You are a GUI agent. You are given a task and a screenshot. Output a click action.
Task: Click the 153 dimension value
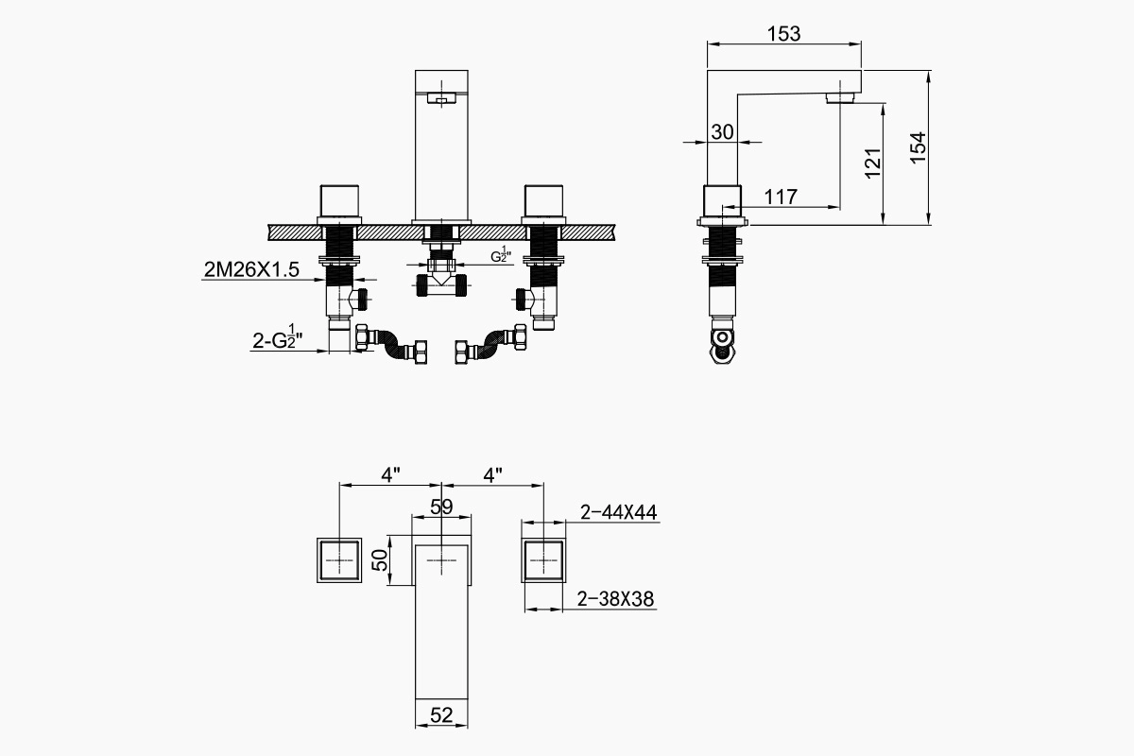pos(783,34)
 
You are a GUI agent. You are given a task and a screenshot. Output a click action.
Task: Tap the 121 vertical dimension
pos(872,163)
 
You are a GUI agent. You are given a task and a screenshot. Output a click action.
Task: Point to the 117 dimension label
pos(780,198)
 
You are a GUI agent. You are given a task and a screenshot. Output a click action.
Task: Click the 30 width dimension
pos(722,132)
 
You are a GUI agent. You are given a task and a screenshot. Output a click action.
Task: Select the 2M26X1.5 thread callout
pos(250,270)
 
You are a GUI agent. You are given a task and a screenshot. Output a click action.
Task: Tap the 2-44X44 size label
pos(619,512)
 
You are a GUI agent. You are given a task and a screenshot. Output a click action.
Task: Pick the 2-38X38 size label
pos(616,598)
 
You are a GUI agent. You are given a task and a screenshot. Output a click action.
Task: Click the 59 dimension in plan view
pos(441,507)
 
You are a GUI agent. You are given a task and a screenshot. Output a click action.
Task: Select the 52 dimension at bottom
pos(441,715)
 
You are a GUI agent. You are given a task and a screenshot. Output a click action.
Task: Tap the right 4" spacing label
pos(492,475)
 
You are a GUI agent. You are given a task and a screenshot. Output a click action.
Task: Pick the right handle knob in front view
pos(544,200)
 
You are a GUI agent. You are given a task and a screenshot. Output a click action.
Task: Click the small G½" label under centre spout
pos(500,255)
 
